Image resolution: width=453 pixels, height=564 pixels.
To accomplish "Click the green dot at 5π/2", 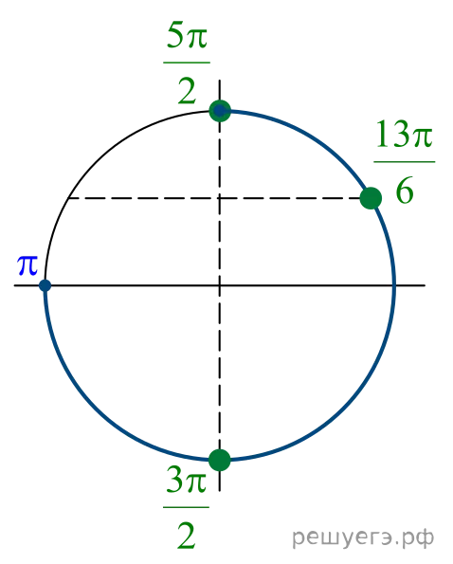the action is click(220, 111).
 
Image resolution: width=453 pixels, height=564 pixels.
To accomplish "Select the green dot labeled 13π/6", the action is click(371, 198).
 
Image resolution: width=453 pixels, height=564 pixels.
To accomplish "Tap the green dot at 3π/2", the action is click(220, 460).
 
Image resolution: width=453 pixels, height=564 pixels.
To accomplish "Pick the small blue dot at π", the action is click(45, 285).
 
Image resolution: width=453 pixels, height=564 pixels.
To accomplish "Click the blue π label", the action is click(27, 265).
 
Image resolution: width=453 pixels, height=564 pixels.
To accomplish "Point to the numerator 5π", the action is click(187, 36).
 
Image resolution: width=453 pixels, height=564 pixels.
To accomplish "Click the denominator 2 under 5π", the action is click(187, 92).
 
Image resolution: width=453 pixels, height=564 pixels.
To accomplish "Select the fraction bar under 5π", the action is click(187, 63).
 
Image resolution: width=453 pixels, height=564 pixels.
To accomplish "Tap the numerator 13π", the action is click(404, 135).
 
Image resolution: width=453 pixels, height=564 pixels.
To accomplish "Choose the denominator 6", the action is click(405, 191).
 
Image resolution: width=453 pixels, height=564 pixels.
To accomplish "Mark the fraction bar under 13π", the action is click(405, 162).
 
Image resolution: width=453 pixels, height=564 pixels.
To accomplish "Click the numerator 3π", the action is click(187, 481).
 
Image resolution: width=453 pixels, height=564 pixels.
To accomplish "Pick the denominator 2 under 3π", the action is click(187, 536).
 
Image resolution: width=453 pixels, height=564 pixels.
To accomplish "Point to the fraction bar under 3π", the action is click(187, 507).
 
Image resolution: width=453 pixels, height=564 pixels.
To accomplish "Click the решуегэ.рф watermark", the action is click(363, 538).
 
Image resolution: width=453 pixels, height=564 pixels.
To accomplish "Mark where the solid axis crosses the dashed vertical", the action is click(220, 285).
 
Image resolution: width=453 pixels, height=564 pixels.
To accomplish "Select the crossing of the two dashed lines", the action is click(220, 198).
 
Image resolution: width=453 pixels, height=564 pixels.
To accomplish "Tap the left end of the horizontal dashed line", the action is click(68, 198).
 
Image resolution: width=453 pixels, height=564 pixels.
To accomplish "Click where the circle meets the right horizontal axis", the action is click(394, 285).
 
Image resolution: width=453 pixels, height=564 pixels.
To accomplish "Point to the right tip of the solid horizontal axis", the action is click(426, 285).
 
